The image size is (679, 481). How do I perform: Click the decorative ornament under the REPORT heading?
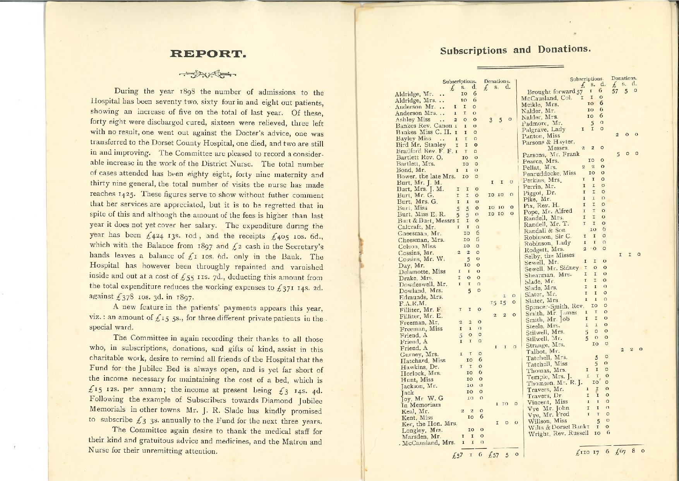(207, 74)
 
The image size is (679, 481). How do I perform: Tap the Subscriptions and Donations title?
(515, 50)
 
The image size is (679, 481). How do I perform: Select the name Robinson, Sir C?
(547, 236)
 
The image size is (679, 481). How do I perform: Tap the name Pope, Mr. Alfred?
(547, 211)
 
